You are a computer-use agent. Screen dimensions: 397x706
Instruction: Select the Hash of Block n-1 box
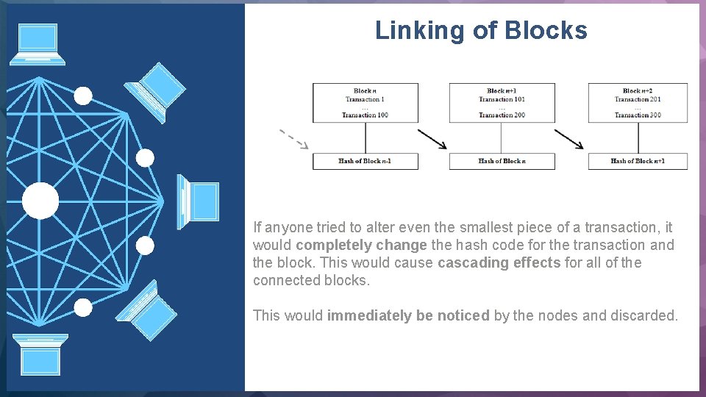coord(365,161)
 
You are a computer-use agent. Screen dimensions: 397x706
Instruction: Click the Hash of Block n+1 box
coord(638,161)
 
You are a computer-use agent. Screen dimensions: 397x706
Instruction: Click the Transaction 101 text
coord(501,99)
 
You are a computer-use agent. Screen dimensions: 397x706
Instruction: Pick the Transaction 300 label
coord(637,115)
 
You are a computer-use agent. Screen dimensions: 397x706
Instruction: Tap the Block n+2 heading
coord(637,91)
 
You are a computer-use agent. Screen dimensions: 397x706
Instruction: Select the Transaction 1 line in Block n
coord(365,99)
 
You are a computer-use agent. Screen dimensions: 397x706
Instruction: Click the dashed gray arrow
coord(293,139)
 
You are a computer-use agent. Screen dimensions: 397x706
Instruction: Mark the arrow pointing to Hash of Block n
coord(432,139)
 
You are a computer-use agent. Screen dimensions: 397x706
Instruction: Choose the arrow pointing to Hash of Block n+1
coord(569,139)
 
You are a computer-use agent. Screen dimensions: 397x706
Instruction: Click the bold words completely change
coord(361,245)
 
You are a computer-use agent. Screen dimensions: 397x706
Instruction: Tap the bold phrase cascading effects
coord(499,262)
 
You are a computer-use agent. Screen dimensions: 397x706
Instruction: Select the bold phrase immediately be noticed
coord(408,315)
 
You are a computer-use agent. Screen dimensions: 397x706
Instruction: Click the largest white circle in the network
coord(40,201)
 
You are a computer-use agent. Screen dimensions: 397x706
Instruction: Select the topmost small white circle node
coord(84,96)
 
